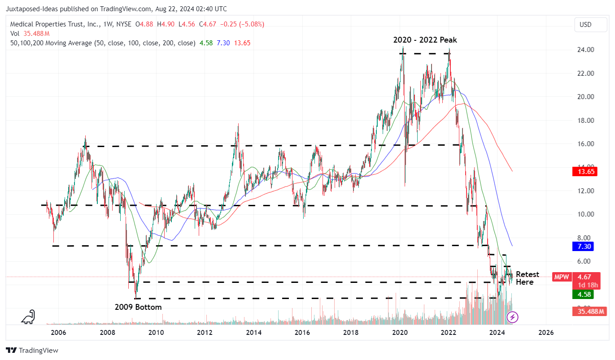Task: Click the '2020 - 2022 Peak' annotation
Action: point(425,40)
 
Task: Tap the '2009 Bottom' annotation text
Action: point(138,307)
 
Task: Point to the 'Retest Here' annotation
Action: point(527,278)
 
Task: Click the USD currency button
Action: point(585,25)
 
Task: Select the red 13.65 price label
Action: point(584,171)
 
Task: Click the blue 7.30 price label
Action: point(584,246)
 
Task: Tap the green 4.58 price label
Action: point(584,295)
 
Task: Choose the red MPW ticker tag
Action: point(561,277)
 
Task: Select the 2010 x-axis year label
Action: point(156,333)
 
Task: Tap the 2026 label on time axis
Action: point(545,333)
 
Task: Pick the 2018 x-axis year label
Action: point(351,333)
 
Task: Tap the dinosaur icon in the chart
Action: point(28,317)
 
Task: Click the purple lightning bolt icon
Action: point(512,317)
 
